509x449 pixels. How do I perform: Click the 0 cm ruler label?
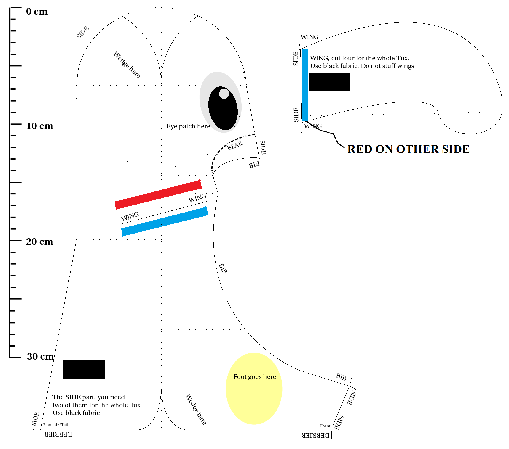[x=37, y=11]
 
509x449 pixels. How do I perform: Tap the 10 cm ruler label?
[x=40, y=126]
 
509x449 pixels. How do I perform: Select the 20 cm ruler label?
[x=40, y=242]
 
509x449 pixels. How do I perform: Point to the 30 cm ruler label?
[x=40, y=356]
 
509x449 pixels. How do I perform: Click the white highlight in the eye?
[x=224, y=94]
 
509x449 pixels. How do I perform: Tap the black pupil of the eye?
[x=223, y=108]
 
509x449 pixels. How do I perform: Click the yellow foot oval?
[x=254, y=389]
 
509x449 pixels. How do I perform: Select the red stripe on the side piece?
[x=158, y=195]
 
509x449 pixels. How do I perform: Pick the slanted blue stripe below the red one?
[x=165, y=222]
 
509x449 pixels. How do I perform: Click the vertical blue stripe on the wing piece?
[x=305, y=85]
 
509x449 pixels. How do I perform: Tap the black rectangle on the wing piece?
[x=329, y=82]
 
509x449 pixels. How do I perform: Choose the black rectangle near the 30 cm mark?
[x=84, y=369]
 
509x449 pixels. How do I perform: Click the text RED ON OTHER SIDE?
[x=408, y=149]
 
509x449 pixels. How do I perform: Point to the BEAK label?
[x=235, y=146]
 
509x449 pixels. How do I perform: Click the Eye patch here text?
[x=188, y=126]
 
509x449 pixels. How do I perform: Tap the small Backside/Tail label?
[x=56, y=424]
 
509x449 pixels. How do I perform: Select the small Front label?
[x=325, y=426]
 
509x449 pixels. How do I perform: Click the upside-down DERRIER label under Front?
[x=316, y=435]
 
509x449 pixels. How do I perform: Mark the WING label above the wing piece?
[x=309, y=37]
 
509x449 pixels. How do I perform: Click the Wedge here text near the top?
[x=127, y=65]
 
